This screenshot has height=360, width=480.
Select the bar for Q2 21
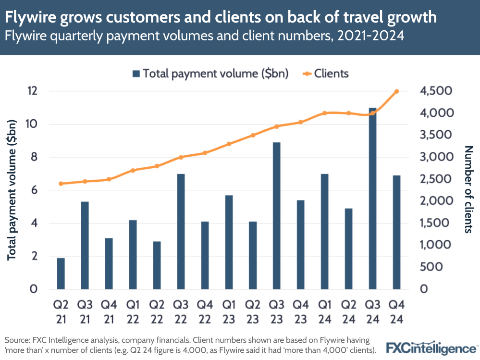click(61, 273)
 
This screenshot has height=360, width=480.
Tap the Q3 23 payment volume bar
click(277, 216)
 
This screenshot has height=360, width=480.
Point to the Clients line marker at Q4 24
click(397, 91)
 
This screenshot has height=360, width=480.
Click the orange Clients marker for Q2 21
click(61, 184)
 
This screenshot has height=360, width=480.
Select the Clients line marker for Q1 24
click(325, 113)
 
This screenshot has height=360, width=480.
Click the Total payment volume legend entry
click(210, 74)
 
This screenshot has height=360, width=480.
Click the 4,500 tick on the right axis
click(434, 91)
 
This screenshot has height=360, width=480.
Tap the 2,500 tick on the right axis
click(434, 179)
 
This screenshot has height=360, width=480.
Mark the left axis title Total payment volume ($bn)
click(13, 190)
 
